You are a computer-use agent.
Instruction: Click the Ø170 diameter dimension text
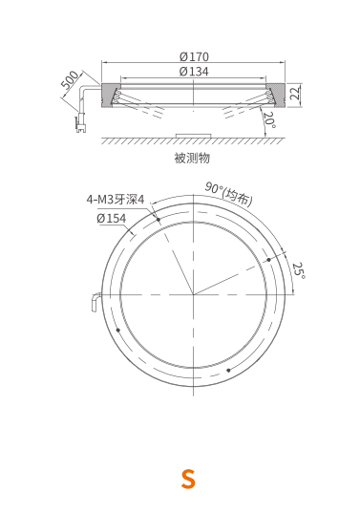point(194,57)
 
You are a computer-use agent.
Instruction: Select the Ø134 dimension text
point(194,72)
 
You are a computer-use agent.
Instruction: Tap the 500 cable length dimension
point(70,80)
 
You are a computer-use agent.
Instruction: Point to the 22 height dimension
point(295,93)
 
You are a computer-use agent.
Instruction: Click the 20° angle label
point(269,120)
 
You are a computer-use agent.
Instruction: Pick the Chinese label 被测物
point(192,158)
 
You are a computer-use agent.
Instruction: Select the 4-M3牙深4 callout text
point(116,200)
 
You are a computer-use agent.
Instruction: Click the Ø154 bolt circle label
point(111,218)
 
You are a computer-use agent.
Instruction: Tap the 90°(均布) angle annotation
point(229,194)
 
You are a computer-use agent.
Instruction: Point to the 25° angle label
point(299,270)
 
